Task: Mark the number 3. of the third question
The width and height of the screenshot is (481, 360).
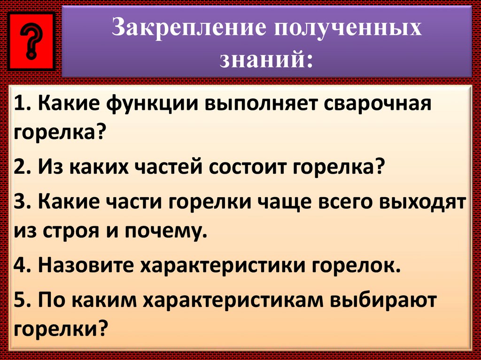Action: coord(23,205)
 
